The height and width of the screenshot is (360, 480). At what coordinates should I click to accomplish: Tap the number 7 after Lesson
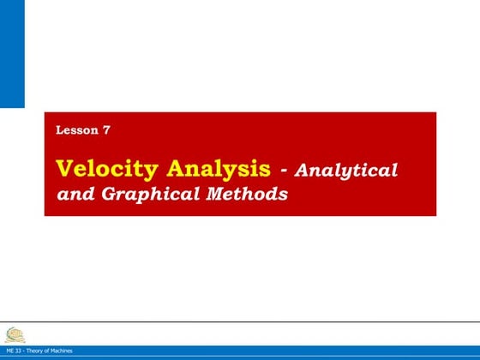(x=105, y=130)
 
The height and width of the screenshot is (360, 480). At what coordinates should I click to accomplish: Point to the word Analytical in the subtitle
(x=346, y=170)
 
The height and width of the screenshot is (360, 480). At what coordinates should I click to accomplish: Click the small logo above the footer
(x=15, y=334)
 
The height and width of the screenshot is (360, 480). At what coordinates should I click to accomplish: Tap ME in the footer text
(x=9, y=351)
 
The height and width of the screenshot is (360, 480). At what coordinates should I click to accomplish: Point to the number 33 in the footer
(x=19, y=351)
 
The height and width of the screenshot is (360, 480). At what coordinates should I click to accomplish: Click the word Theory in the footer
(x=36, y=351)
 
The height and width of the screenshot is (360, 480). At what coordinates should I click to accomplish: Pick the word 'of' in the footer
(x=48, y=351)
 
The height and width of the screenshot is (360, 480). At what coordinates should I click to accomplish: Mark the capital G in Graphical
(x=109, y=194)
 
